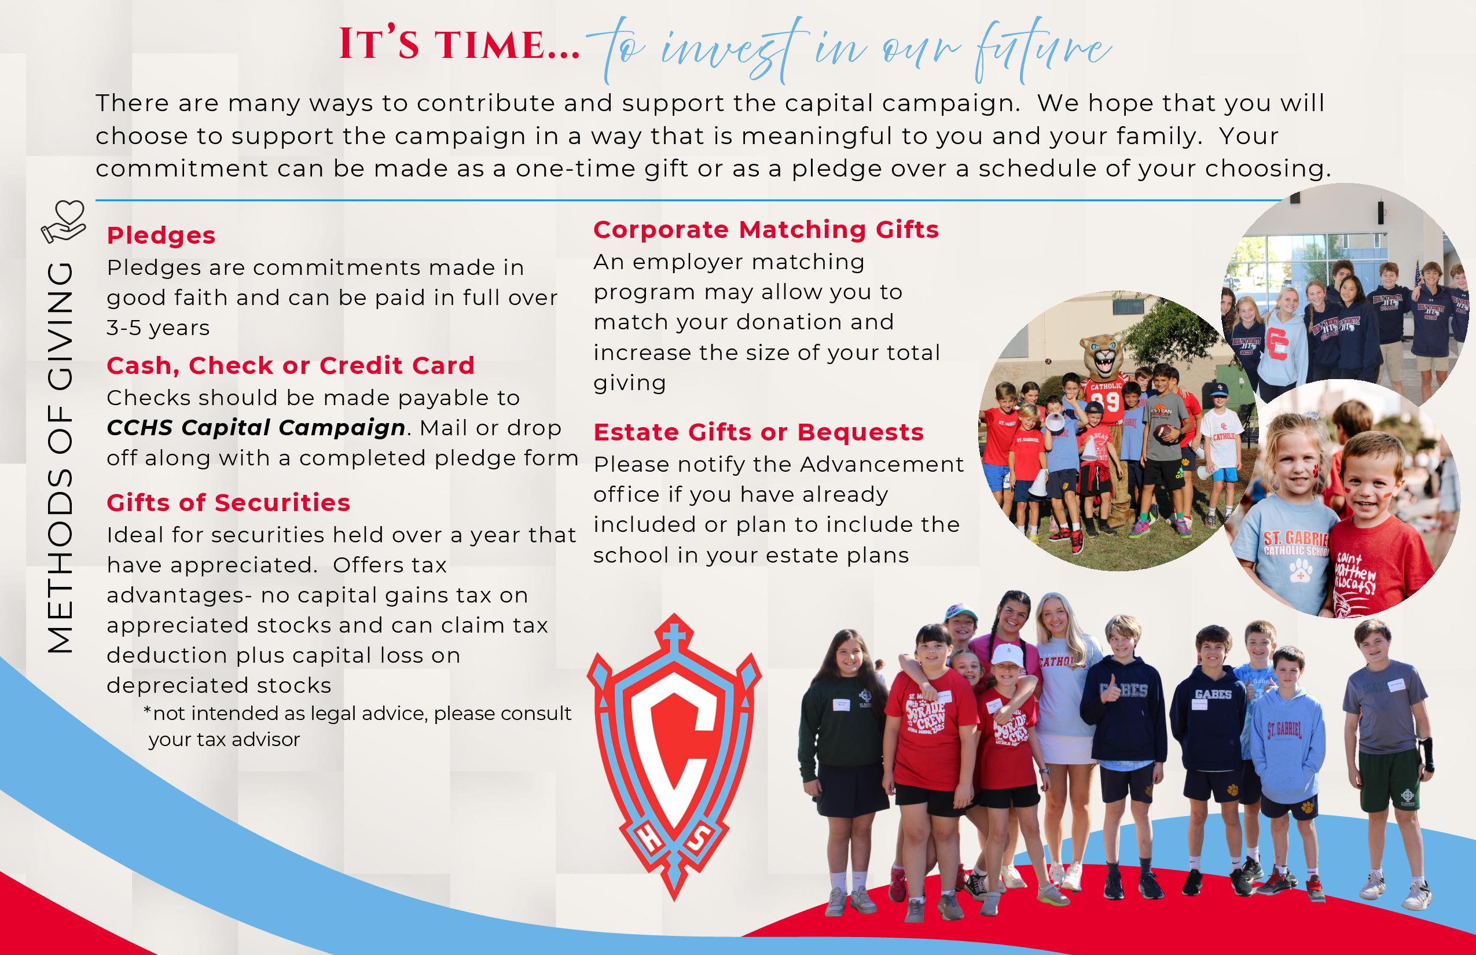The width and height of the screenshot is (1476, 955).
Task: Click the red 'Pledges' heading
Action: tap(161, 236)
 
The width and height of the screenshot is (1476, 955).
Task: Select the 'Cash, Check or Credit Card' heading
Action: tap(290, 365)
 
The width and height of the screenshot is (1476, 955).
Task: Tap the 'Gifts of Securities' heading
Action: tap(228, 502)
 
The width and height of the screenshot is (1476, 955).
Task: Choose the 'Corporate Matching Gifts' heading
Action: tap(766, 229)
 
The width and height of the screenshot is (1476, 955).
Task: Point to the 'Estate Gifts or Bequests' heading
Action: tap(758, 432)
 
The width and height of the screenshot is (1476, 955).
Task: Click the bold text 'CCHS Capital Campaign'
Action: tap(256, 428)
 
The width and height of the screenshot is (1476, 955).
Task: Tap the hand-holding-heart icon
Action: tap(63, 221)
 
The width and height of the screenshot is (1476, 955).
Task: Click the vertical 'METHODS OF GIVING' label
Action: tap(60, 457)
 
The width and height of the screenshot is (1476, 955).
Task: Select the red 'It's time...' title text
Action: tap(459, 45)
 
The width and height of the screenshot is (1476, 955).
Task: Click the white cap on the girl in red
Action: tap(1005, 653)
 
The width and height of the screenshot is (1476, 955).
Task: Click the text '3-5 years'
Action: tap(158, 328)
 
